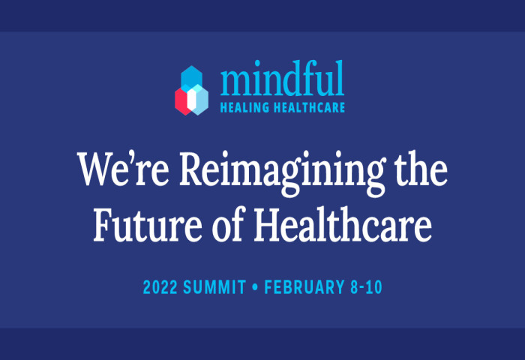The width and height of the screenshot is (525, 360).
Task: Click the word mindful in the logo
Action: [282, 78]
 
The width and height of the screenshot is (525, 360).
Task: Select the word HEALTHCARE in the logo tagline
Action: [309, 107]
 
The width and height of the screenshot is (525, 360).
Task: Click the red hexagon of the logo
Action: [181, 101]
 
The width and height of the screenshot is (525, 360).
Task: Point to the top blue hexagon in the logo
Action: [191, 76]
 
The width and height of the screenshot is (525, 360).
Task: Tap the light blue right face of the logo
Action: [202, 100]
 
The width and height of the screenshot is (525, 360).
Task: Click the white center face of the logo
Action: [191, 100]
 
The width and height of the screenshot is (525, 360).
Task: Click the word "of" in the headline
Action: [227, 223]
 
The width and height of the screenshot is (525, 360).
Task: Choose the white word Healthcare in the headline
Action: [343, 223]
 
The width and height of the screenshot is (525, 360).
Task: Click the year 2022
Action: [160, 287]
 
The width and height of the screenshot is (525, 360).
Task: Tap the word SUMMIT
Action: [214, 287]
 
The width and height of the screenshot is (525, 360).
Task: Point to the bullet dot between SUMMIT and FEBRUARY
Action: [255, 287]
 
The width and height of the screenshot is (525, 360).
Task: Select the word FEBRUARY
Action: [304, 287]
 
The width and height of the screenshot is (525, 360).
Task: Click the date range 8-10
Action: [366, 287]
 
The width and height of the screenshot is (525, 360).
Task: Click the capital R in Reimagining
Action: [192, 169]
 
